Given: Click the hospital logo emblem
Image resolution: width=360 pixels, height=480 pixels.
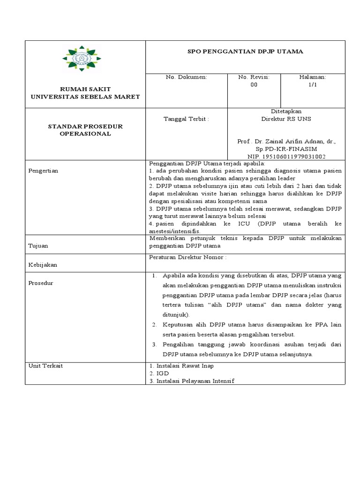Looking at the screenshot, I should coord(81,59).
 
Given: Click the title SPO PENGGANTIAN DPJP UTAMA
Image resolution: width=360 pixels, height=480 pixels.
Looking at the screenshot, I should coord(246,52).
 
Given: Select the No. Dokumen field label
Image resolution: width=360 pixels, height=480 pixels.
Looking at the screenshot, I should coord(187,77).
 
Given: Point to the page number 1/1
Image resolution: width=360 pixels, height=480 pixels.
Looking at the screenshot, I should coord(313,85).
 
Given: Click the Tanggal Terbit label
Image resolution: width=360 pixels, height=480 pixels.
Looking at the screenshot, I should coord(187,119).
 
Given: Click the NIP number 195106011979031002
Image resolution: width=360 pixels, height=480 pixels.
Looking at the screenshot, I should coord(286,157).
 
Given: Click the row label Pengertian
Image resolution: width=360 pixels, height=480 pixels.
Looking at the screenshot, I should coord(43,171).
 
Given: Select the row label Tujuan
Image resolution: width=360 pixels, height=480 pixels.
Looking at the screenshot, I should coord(38,246).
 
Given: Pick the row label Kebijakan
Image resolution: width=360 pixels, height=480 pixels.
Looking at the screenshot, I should coord(43,265).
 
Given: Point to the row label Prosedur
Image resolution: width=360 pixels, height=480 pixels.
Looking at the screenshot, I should coord(41,283).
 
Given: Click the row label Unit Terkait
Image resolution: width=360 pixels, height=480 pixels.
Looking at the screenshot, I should coord(45,366).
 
